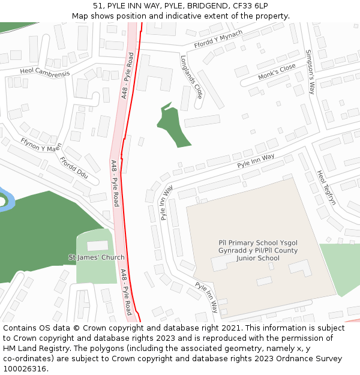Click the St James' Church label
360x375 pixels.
[97, 257]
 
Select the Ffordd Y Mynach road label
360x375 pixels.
[218, 40]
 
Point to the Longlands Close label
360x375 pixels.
[191, 77]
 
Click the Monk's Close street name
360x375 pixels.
[277, 73]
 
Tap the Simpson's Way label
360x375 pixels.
[310, 71]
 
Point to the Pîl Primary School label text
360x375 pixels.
[257, 250]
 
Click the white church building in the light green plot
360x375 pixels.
[98, 246]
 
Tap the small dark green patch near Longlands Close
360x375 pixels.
[173, 125]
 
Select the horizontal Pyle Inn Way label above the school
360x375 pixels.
[256, 161]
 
